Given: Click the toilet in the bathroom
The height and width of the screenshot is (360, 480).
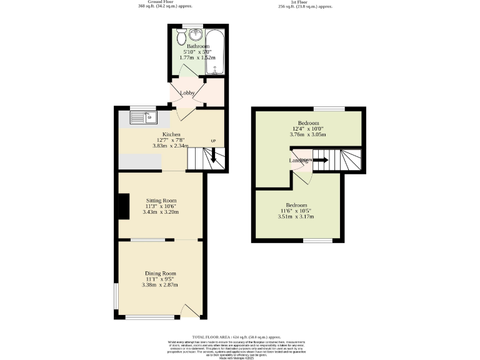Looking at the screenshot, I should coord(181,38).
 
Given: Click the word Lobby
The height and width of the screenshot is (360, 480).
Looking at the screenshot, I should coord(187,93).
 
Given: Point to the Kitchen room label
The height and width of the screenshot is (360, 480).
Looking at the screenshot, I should coord(171,134).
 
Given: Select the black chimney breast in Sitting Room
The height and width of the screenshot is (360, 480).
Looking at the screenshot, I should coord(124,206).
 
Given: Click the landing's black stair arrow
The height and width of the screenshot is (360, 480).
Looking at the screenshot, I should coord(320,160).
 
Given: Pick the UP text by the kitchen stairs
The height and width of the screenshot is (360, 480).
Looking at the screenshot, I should coord(213,141).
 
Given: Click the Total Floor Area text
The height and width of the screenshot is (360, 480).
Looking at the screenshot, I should coord(240,337).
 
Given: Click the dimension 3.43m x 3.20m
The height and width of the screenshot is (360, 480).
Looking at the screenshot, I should coord(161,212).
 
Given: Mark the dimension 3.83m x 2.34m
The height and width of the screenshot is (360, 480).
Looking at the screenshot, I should coord(171,146).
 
